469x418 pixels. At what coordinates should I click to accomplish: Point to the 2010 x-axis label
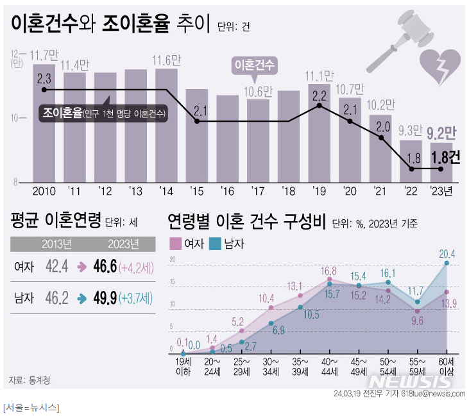pos(44,192)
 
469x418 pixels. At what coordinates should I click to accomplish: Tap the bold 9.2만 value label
pos(441,133)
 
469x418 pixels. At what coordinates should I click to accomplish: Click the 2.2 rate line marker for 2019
pos(319,106)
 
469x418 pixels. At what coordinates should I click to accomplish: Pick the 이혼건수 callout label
pos(254,65)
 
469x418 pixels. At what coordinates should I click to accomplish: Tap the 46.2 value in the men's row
pos(56,297)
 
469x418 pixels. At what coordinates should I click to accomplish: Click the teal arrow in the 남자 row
pos(81,298)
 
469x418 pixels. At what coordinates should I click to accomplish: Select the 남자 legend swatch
pos(216,244)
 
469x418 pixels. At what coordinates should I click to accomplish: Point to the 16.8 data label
pos(329,270)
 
